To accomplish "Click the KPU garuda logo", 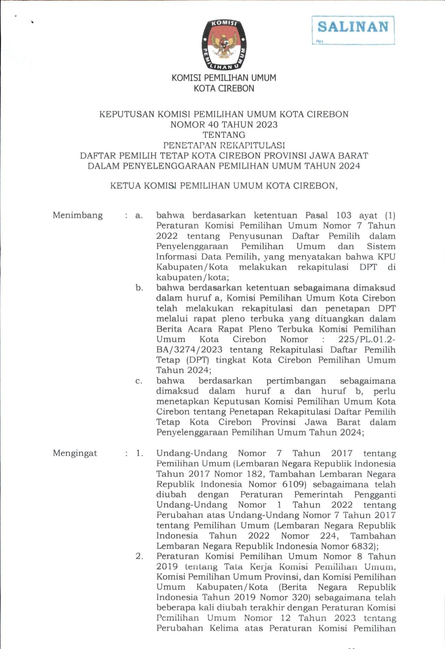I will click(224, 45).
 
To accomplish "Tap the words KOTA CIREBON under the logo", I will click(224, 88).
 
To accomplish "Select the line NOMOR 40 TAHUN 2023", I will click(224, 125).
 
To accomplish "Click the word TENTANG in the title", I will click(224, 135).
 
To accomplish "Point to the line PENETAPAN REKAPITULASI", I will click(224, 145).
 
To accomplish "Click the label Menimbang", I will click(78, 215).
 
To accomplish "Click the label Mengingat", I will click(75, 453).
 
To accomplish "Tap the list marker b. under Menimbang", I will click(139, 288).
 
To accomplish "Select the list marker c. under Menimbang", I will click(139, 381).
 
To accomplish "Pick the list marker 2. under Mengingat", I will click(139, 556).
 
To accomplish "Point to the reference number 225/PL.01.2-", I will click(367, 340).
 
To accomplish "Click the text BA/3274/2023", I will click(189, 350).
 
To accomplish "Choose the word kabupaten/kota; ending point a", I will click(192, 278).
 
